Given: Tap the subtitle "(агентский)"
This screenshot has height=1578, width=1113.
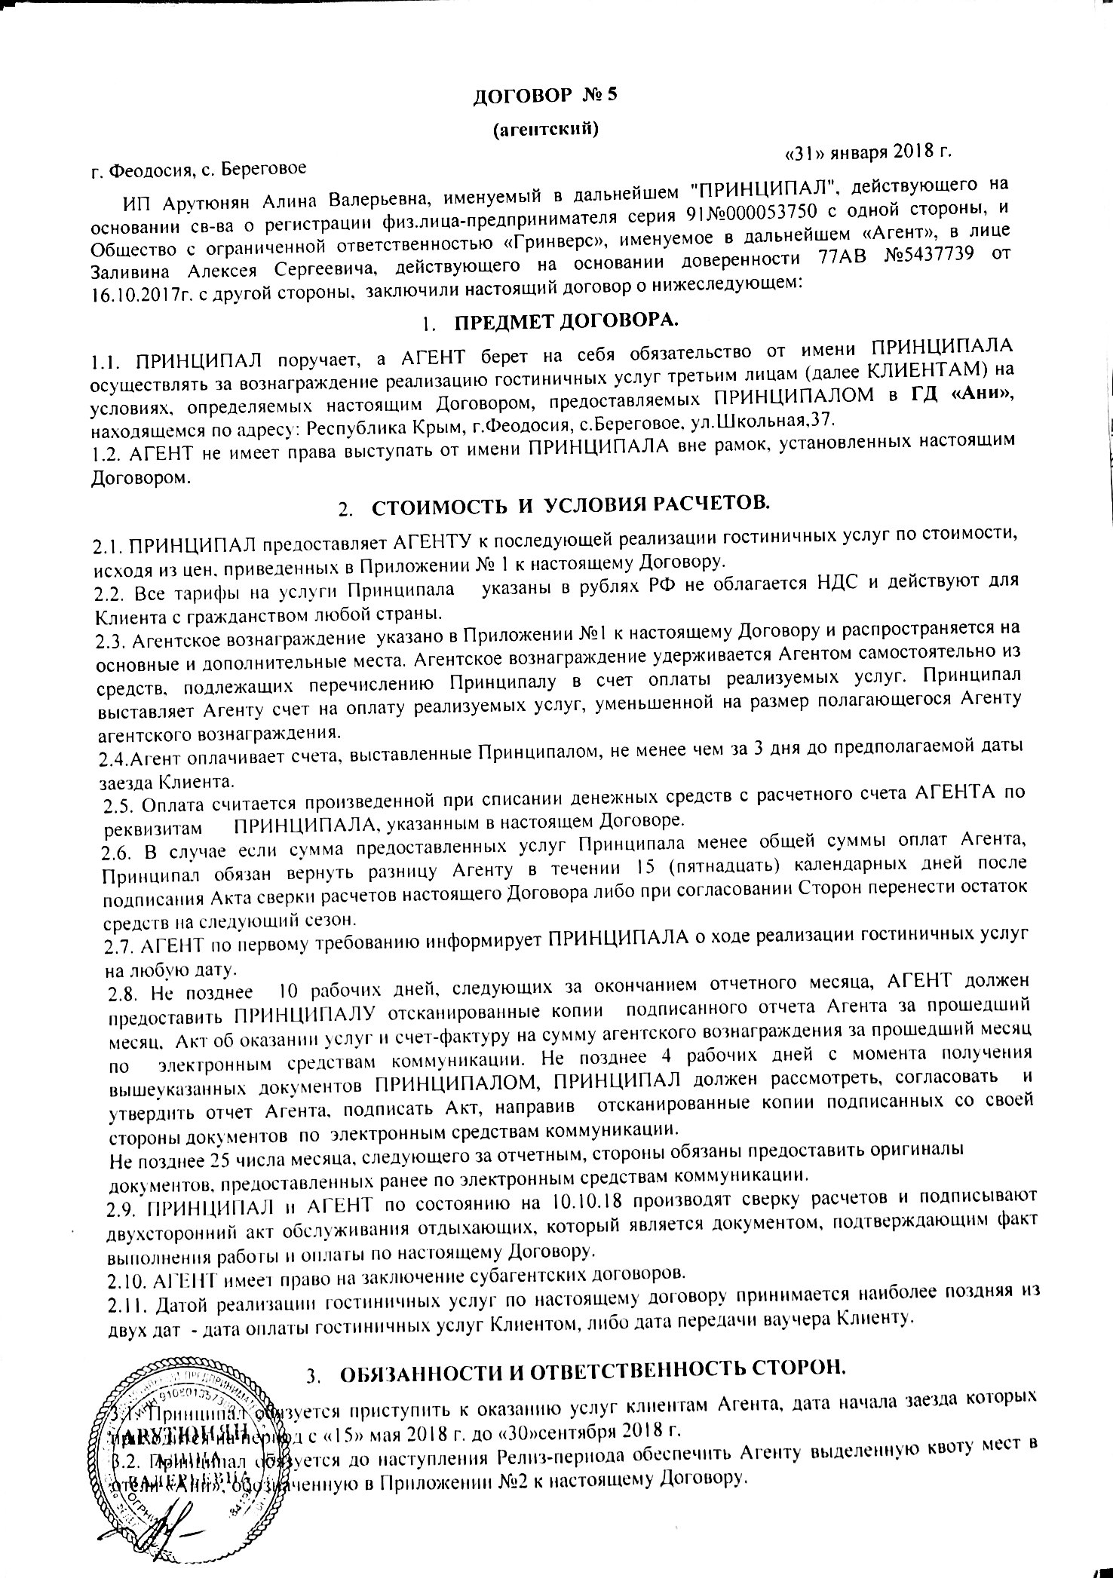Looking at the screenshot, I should click(545, 130).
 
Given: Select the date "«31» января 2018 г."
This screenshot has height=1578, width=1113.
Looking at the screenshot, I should click(867, 152).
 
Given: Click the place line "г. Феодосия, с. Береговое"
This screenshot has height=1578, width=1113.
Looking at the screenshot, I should click(198, 172).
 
